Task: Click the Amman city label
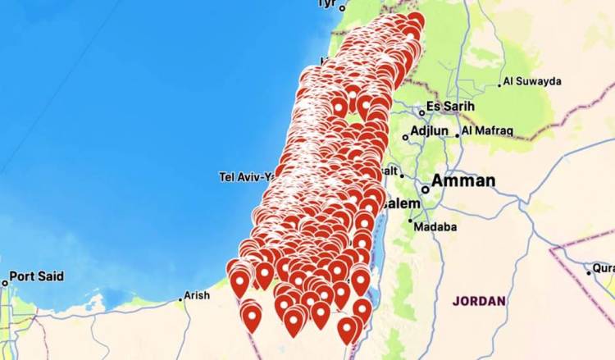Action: pos(463,180)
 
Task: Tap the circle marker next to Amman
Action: pos(425,189)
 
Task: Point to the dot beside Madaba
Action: pos(411,221)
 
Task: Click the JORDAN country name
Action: pos(479,301)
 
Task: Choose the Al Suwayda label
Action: pos(531,81)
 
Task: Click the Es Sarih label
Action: pos(451,107)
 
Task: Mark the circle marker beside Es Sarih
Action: pos(421,112)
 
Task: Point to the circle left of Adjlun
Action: pos(405,138)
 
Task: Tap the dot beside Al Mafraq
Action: pos(457,130)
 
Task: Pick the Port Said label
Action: pos(37,276)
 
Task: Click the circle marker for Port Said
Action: pos(5,283)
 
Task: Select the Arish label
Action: pos(197,295)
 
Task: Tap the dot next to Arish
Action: pos(180,299)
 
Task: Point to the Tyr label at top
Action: pos(327,4)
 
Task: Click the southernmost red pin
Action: pos(347,330)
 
